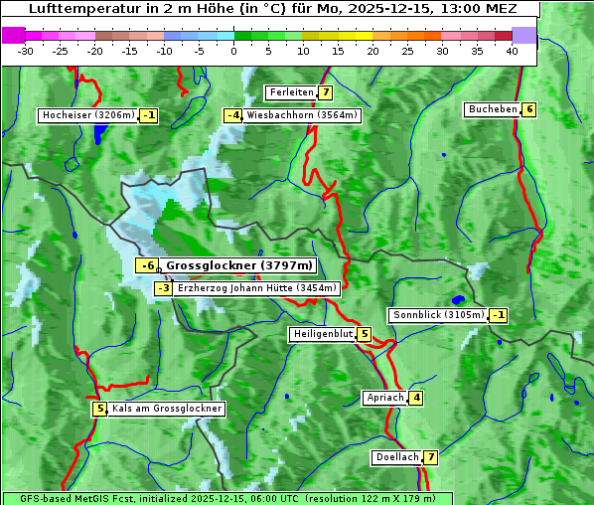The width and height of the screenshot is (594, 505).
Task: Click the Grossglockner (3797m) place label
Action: [x=239, y=265]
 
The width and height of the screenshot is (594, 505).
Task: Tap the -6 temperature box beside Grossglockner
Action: [x=147, y=265]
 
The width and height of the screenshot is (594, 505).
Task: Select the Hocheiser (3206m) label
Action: [x=87, y=115]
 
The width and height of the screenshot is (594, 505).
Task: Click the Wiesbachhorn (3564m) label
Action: [x=302, y=115]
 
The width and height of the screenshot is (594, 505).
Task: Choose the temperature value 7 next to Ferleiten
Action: [x=326, y=92]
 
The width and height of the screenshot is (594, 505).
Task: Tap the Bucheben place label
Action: [x=493, y=109]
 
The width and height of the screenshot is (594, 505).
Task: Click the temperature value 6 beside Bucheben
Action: [x=529, y=109]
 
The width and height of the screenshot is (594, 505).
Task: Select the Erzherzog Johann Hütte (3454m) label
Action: [x=257, y=288]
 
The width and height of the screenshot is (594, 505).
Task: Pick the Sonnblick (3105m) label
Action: [x=439, y=315]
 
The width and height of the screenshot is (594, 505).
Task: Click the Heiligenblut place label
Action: [x=323, y=334]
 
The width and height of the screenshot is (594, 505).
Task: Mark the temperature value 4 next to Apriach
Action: [x=416, y=398]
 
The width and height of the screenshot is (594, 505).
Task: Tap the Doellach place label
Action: [x=396, y=457]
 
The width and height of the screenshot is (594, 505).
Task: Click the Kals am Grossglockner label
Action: [x=167, y=409]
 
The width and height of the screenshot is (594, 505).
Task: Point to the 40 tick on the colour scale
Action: [x=512, y=51]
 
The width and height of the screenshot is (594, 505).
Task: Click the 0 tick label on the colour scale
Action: [x=234, y=51]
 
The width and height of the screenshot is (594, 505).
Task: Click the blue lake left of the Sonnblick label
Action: [x=458, y=299]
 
